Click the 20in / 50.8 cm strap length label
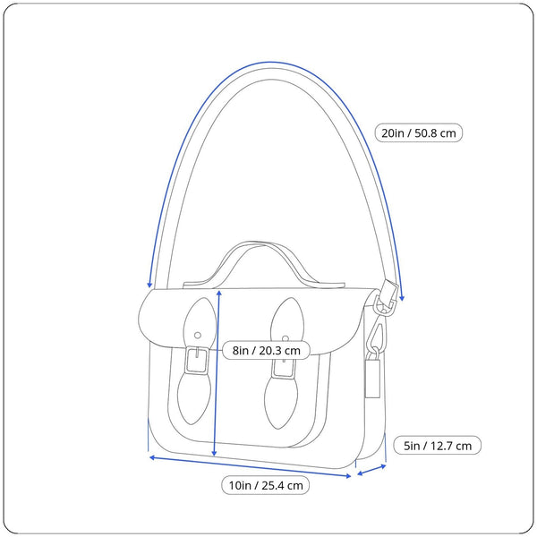[418, 133]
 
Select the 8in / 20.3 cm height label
[266, 351]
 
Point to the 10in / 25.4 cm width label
[266, 486]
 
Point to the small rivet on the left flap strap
[198, 335]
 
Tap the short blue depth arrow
[371, 468]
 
